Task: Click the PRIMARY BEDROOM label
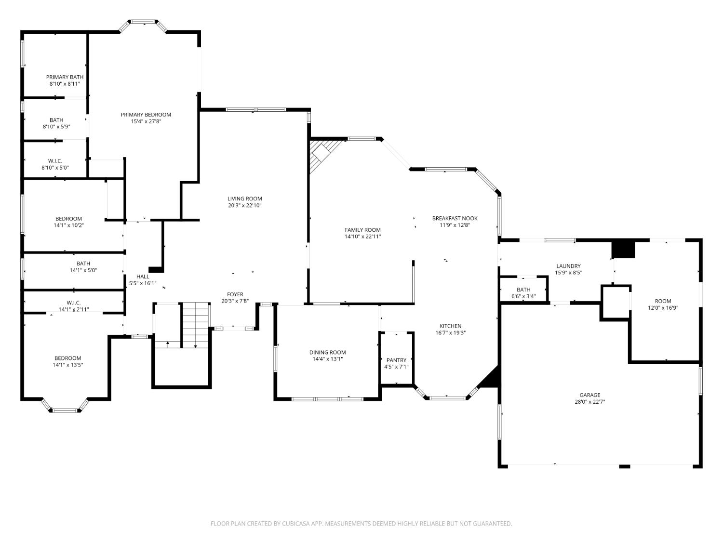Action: pos(146,115)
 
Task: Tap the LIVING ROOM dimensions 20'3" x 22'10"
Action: pos(244,205)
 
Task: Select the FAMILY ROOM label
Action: pos(362,230)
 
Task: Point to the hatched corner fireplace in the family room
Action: pos(323,155)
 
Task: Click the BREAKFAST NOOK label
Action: pos(455,218)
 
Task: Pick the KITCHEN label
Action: pos(450,326)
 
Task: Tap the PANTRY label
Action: pos(396,360)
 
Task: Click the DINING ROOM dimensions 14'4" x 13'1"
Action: pos(327,359)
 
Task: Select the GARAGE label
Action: pos(589,395)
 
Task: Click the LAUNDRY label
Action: pos(568,266)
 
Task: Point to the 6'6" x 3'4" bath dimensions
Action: pos(523,296)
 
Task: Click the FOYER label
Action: pos(235,294)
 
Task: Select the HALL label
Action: pos(143,277)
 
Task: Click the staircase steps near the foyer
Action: pos(196,325)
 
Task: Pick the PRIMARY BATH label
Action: pos(65,77)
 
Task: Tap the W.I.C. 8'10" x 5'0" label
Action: pos(55,164)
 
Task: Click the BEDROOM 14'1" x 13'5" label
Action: pos(68,361)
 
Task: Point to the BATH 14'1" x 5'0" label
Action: pos(83,267)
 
